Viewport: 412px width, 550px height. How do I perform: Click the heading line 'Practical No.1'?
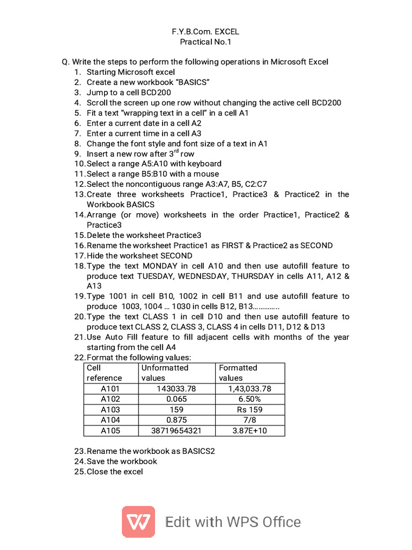click(205, 42)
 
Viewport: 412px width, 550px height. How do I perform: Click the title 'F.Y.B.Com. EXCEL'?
click(205, 32)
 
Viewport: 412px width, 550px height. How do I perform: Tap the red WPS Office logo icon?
click(138, 522)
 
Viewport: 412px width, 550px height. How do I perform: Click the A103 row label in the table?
click(111, 410)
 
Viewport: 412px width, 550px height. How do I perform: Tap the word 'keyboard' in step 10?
click(204, 164)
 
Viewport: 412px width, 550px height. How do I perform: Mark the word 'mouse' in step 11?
click(207, 174)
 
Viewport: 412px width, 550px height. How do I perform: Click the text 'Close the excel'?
click(115, 472)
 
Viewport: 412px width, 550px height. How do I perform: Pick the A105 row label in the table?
click(111, 431)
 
